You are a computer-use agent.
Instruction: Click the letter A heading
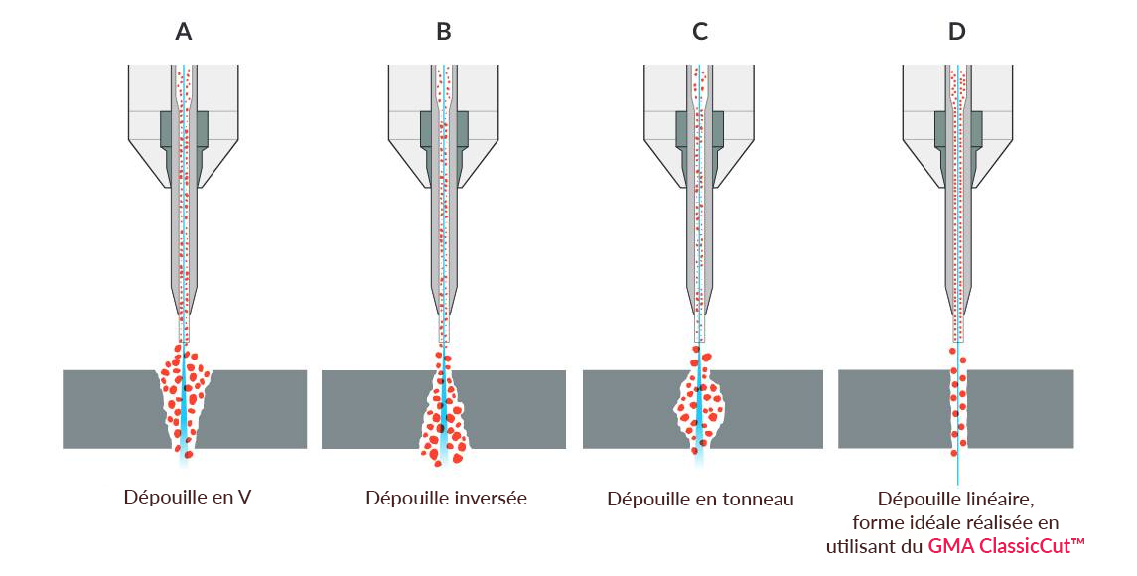[x=184, y=32]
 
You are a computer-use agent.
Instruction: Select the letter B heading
[x=444, y=32]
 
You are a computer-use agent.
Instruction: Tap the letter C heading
[x=700, y=32]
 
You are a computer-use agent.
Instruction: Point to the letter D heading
[x=956, y=32]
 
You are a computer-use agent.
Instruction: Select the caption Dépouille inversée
[x=446, y=498]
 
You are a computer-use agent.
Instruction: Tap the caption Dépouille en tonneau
[x=700, y=499]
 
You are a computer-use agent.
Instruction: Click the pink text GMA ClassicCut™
[x=1006, y=545]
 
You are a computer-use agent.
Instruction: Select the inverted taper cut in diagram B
[x=443, y=412]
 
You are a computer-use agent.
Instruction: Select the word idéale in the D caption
[x=929, y=522]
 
